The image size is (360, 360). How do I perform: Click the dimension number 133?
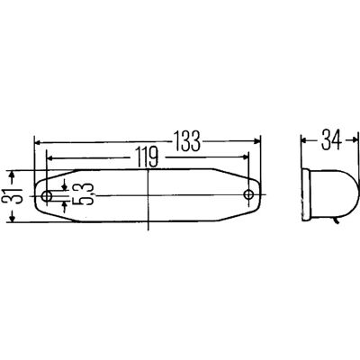click(x=187, y=140)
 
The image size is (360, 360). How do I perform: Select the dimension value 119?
click(x=147, y=157)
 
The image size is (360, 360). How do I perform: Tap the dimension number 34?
click(x=331, y=139)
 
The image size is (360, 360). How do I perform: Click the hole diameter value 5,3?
click(x=83, y=194)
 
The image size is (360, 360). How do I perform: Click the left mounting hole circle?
click(x=47, y=196)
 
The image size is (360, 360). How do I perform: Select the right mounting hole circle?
click(x=248, y=194)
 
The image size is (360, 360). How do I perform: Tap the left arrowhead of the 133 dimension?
click(x=38, y=141)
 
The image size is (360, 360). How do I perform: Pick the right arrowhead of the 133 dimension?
click(x=257, y=140)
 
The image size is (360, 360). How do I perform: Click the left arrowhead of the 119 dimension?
click(x=50, y=157)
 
